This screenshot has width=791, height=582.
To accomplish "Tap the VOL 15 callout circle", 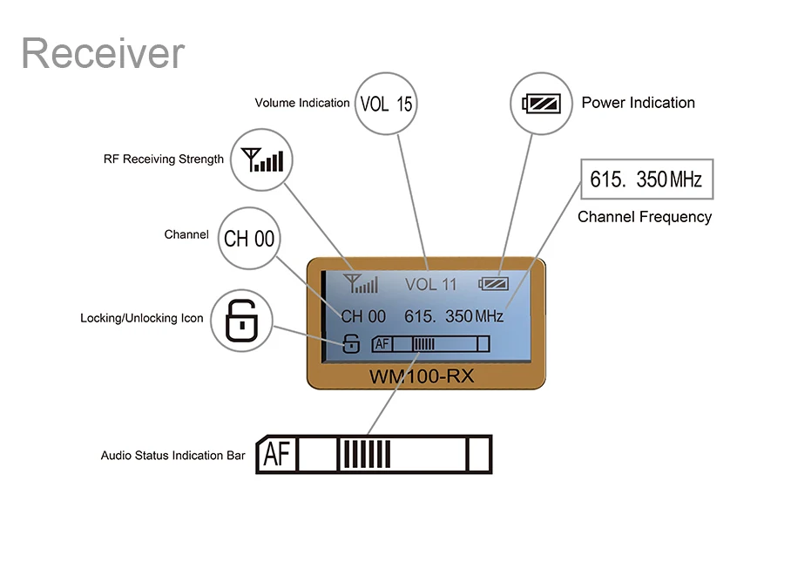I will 386,103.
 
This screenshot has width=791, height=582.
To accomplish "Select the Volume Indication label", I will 302,103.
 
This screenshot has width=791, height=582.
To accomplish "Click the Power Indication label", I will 638,103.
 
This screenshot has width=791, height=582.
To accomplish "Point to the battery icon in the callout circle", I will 540,103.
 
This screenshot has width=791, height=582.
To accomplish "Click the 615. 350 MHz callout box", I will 646,179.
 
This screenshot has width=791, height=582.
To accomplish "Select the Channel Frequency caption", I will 645,217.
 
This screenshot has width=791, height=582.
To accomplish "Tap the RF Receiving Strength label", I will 164,159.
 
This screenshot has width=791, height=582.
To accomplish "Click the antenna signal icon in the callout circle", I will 262,160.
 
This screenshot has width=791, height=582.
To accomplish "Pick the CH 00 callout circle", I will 250,238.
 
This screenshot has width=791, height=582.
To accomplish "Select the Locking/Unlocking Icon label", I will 142,318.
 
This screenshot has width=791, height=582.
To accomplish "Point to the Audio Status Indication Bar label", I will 173,456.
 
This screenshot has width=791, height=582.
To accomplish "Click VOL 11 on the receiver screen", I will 430,284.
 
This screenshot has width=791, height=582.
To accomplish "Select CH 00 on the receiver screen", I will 363,316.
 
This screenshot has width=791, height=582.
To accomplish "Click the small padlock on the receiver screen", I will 350,343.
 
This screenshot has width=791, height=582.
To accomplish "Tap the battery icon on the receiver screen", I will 494,283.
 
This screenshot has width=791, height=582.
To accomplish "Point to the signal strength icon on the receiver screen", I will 361,283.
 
